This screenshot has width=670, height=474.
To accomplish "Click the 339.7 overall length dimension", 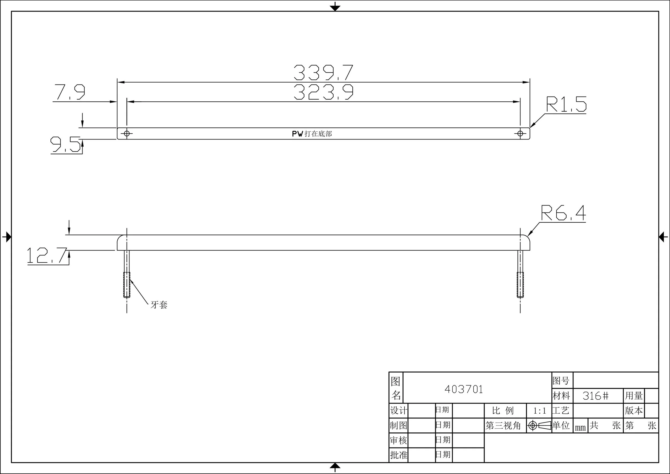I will (x=323, y=73).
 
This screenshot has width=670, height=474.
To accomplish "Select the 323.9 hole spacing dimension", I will (x=323, y=92).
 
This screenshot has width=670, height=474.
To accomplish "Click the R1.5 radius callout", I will (x=566, y=105).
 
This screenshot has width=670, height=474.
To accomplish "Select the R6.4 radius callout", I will (x=563, y=213).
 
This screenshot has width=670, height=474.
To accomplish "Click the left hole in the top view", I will (x=127, y=134).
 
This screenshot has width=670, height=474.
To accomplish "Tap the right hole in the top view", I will (x=520, y=134).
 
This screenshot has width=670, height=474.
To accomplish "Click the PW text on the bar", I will (x=298, y=134).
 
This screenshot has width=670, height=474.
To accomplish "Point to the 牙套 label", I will (x=159, y=305).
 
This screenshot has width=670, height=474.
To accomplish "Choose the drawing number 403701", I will (x=464, y=389).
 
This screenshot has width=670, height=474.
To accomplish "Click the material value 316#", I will (x=595, y=396).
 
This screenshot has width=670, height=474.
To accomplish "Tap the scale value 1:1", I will (x=539, y=411).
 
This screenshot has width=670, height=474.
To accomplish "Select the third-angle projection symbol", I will (x=539, y=425).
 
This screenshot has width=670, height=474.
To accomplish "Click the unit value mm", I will (x=580, y=428).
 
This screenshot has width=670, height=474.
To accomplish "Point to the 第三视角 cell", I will (x=503, y=425).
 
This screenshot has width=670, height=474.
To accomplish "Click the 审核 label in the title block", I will (x=398, y=440).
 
